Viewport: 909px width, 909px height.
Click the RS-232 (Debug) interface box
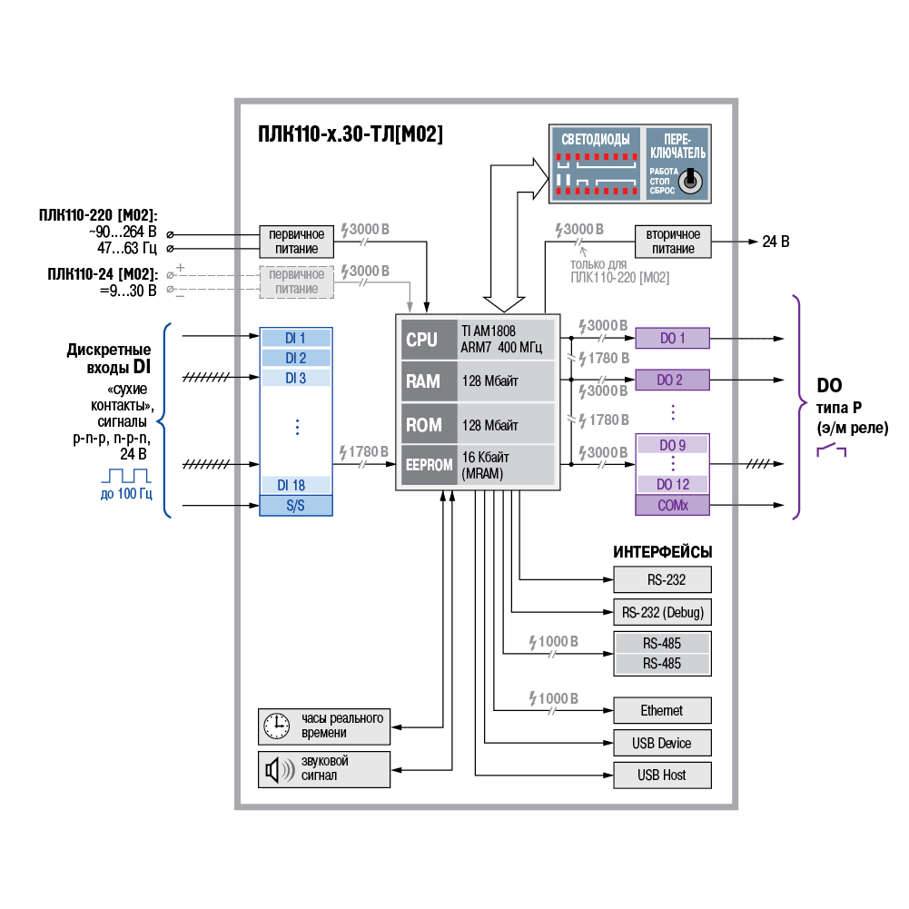click(662, 612)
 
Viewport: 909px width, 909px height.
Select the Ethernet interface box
click(662, 710)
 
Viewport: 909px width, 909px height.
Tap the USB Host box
click(662, 776)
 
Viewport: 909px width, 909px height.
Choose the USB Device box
click(662, 743)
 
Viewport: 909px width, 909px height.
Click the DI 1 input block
click(296, 338)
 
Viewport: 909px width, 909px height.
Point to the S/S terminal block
click(296, 505)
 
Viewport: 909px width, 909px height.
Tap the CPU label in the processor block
click(422, 340)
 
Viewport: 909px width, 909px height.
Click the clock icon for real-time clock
click(275, 726)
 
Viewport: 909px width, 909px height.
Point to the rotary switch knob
click(692, 179)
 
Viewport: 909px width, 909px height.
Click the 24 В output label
click(776, 242)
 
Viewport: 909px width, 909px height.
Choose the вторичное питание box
click(673, 242)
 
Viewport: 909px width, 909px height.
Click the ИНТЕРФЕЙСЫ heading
click(662, 552)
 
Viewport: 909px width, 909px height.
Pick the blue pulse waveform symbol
click(125, 475)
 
